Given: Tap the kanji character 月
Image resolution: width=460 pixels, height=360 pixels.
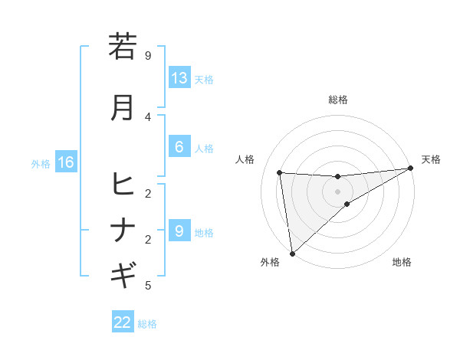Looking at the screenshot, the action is (x=123, y=107).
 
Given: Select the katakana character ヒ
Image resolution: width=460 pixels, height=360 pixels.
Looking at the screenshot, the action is (x=123, y=185).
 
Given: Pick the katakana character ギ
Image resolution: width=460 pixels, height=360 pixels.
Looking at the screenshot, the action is (x=123, y=273).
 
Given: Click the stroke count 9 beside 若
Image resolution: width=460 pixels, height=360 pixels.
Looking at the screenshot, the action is (x=148, y=55).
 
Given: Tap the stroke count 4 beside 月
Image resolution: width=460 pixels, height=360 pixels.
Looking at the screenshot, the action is (x=148, y=116).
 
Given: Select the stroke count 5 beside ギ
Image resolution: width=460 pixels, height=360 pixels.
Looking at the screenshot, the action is (x=148, y=286).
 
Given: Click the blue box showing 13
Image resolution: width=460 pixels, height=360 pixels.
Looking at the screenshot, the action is (x=179, y=78).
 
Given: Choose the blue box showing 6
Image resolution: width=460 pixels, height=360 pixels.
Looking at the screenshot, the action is (x=179, y=148).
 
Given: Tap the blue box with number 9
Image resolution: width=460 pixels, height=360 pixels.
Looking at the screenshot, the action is (x=179, y=231).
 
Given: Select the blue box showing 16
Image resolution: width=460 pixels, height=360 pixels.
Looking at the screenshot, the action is (x=66, y=162).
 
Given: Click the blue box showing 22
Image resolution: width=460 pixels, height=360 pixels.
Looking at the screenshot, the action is (x=123, y=322).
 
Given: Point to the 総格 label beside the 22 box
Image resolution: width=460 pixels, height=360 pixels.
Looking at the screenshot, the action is (x=147, y=324).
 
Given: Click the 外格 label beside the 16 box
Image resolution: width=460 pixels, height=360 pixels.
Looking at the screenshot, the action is (x=41, y=163).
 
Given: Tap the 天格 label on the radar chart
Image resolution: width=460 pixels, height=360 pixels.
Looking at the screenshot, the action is (x=431, y=159).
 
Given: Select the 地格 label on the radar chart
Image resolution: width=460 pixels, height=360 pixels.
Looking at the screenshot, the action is (x=402, y=262).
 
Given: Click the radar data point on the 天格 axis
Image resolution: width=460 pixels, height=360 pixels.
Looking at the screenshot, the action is (x=411, y=168).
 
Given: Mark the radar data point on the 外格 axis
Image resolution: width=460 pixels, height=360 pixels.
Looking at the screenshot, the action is (x=292, y=254).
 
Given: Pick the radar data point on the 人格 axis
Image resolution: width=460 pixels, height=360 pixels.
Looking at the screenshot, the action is (x=280, y=172).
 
